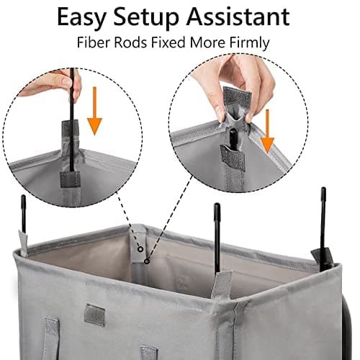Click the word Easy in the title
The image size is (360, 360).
click(82, 16)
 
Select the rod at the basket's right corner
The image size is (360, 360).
click(323, 223)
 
